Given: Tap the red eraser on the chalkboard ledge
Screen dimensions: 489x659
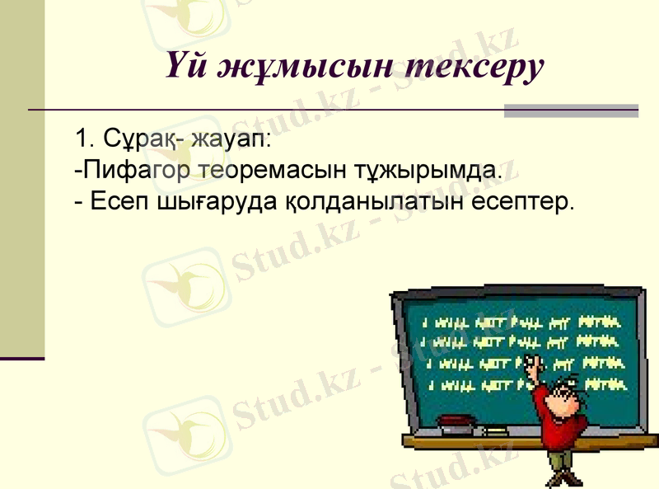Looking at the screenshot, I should tap(456, 422).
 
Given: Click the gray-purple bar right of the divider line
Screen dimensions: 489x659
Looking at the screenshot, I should tap(571, 110).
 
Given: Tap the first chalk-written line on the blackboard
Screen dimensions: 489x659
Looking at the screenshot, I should tap(520, 322).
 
